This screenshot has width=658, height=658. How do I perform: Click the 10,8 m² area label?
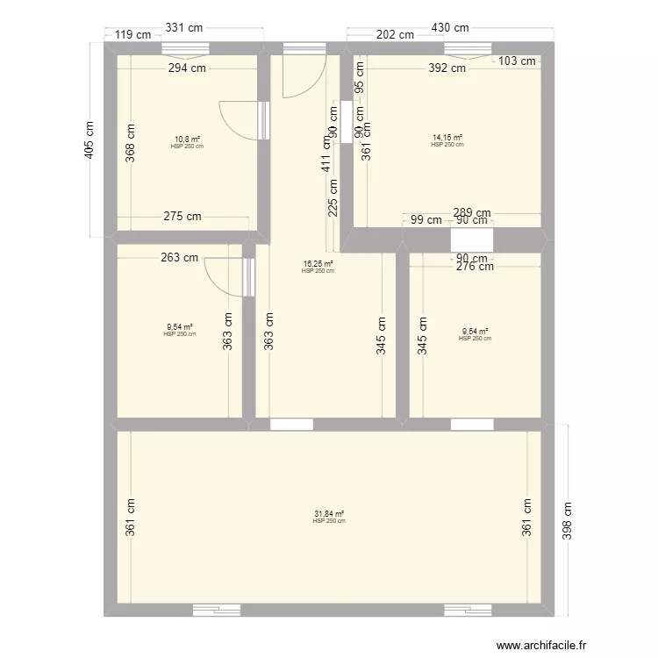click(x=187, y=139)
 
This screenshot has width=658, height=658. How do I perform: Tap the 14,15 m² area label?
click(x=447, y=137)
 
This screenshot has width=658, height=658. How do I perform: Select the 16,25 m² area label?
click(x=318, y=263)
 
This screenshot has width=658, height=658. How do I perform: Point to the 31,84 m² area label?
click(x=329, y=514)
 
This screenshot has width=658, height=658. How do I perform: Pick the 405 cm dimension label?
click(x=89, y=139)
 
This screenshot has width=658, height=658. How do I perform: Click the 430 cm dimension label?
click(x=447, y=28)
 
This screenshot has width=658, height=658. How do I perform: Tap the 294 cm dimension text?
click(x=187, y=67)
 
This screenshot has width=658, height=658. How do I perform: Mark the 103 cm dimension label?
click(x=517, y=61)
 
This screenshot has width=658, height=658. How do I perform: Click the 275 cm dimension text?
click(x=182, y=216)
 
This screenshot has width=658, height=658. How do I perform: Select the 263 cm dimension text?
click(x=179, y=258)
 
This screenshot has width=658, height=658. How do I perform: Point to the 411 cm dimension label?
click(x=325, y=152)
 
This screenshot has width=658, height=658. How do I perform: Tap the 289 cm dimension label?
click(x=472, y=212)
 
